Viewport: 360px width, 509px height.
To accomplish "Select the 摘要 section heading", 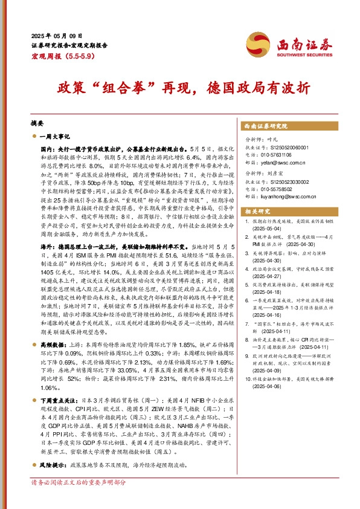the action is [38, 122].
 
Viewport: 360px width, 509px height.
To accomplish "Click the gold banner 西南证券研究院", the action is [265, 126].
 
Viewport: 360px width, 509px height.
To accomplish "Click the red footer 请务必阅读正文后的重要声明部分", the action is [79, 482].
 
